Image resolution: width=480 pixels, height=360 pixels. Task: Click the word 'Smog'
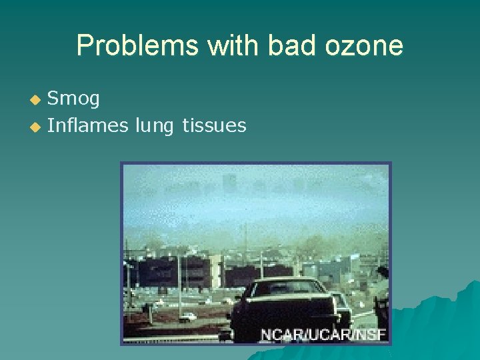pos(74,99)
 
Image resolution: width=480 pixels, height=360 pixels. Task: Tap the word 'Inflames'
pos(87,125)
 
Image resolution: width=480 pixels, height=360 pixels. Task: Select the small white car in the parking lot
pos(188,316)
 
